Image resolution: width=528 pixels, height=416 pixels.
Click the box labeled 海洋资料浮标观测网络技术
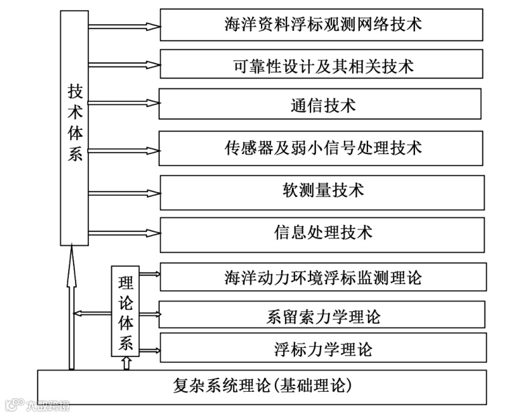coord(321,25)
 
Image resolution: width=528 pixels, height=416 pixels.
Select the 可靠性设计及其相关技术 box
coord(321,66)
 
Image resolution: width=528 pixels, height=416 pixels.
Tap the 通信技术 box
coord(321,105)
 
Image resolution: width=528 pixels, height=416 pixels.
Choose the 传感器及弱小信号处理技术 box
coord(321,148)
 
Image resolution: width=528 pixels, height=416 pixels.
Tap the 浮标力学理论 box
coord(323,349)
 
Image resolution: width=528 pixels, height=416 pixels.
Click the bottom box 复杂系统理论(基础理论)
coord(261,387)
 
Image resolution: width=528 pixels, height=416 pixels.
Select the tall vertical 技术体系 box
coord(74,127)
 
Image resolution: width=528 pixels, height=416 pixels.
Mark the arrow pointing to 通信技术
coord(124,103)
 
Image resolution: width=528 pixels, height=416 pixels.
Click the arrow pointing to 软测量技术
coord(124,190)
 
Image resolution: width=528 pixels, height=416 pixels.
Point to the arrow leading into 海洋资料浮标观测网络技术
coord(124,26)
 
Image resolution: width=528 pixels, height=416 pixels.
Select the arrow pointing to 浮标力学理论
coord(149,350)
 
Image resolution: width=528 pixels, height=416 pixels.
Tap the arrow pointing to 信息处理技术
coord(124,232)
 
